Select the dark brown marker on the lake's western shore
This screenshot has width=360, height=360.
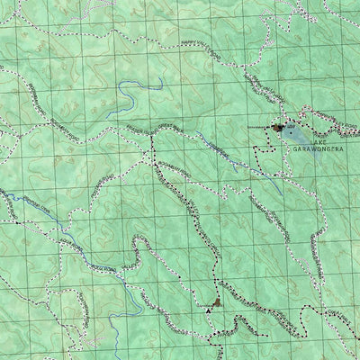[x=276, y=129]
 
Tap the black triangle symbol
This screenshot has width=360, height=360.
[x=210, y=309]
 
